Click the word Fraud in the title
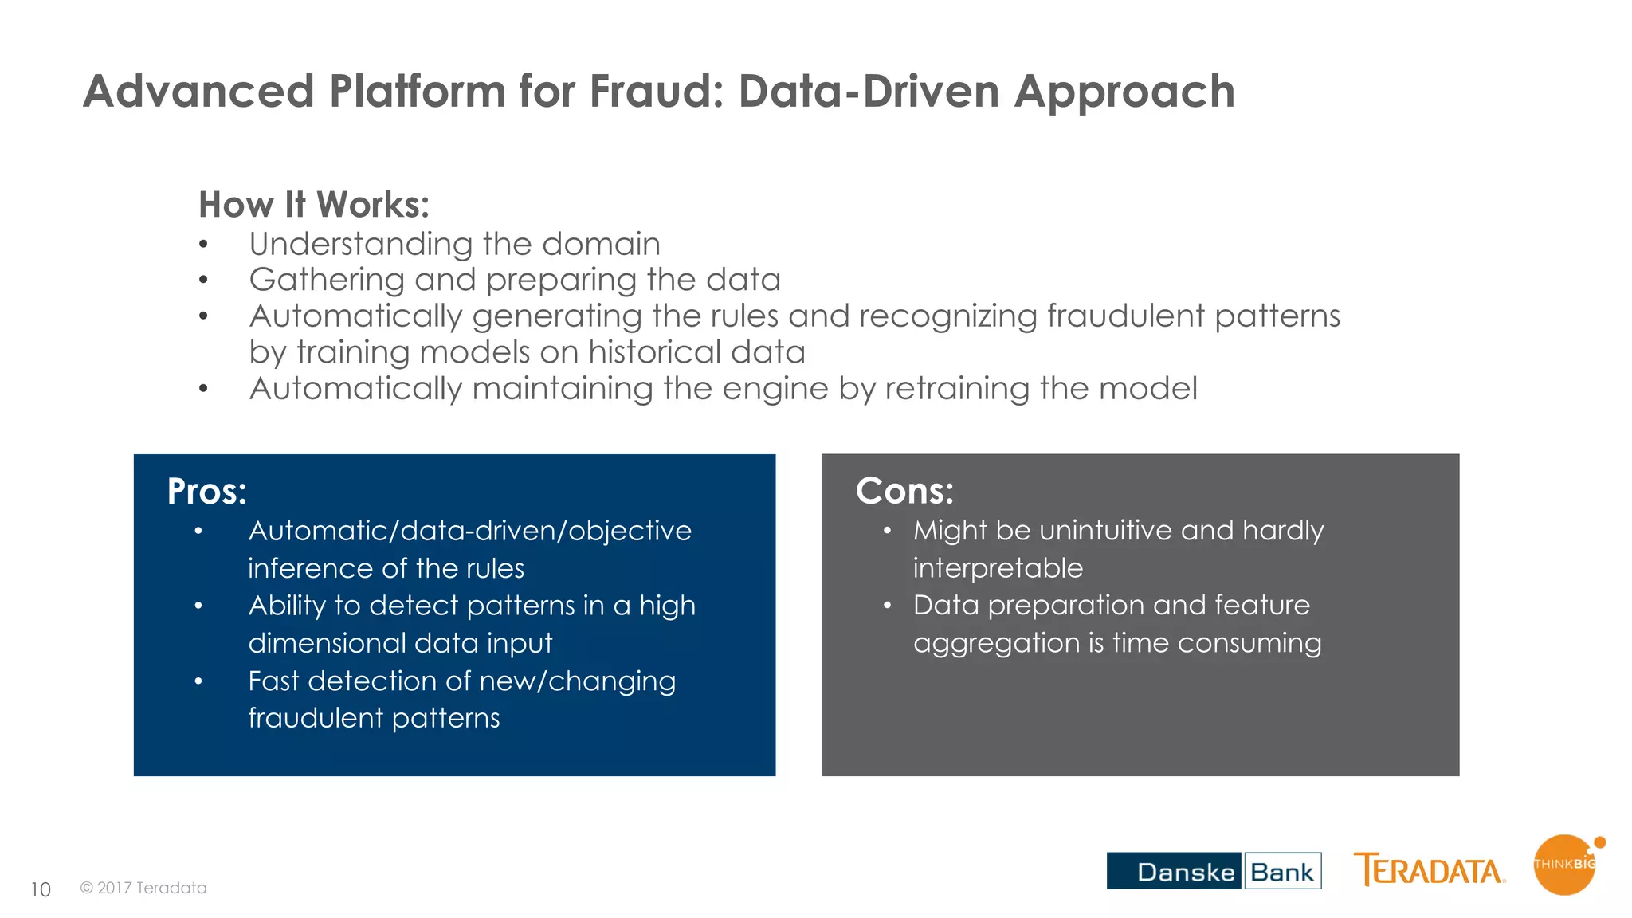pos(655,91)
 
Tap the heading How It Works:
pos(314,205)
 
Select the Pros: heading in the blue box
pos(206,491)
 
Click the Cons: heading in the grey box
pos(904,491)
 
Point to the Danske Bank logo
pos(1213,871)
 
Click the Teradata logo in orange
pos(1429,870)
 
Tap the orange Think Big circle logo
pos(1564,865)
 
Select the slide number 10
pos(41,889)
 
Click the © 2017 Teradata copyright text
pos(143,888)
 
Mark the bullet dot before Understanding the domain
pos(204,245)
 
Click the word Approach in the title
pos(1124,91)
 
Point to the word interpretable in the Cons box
pos(998,568)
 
